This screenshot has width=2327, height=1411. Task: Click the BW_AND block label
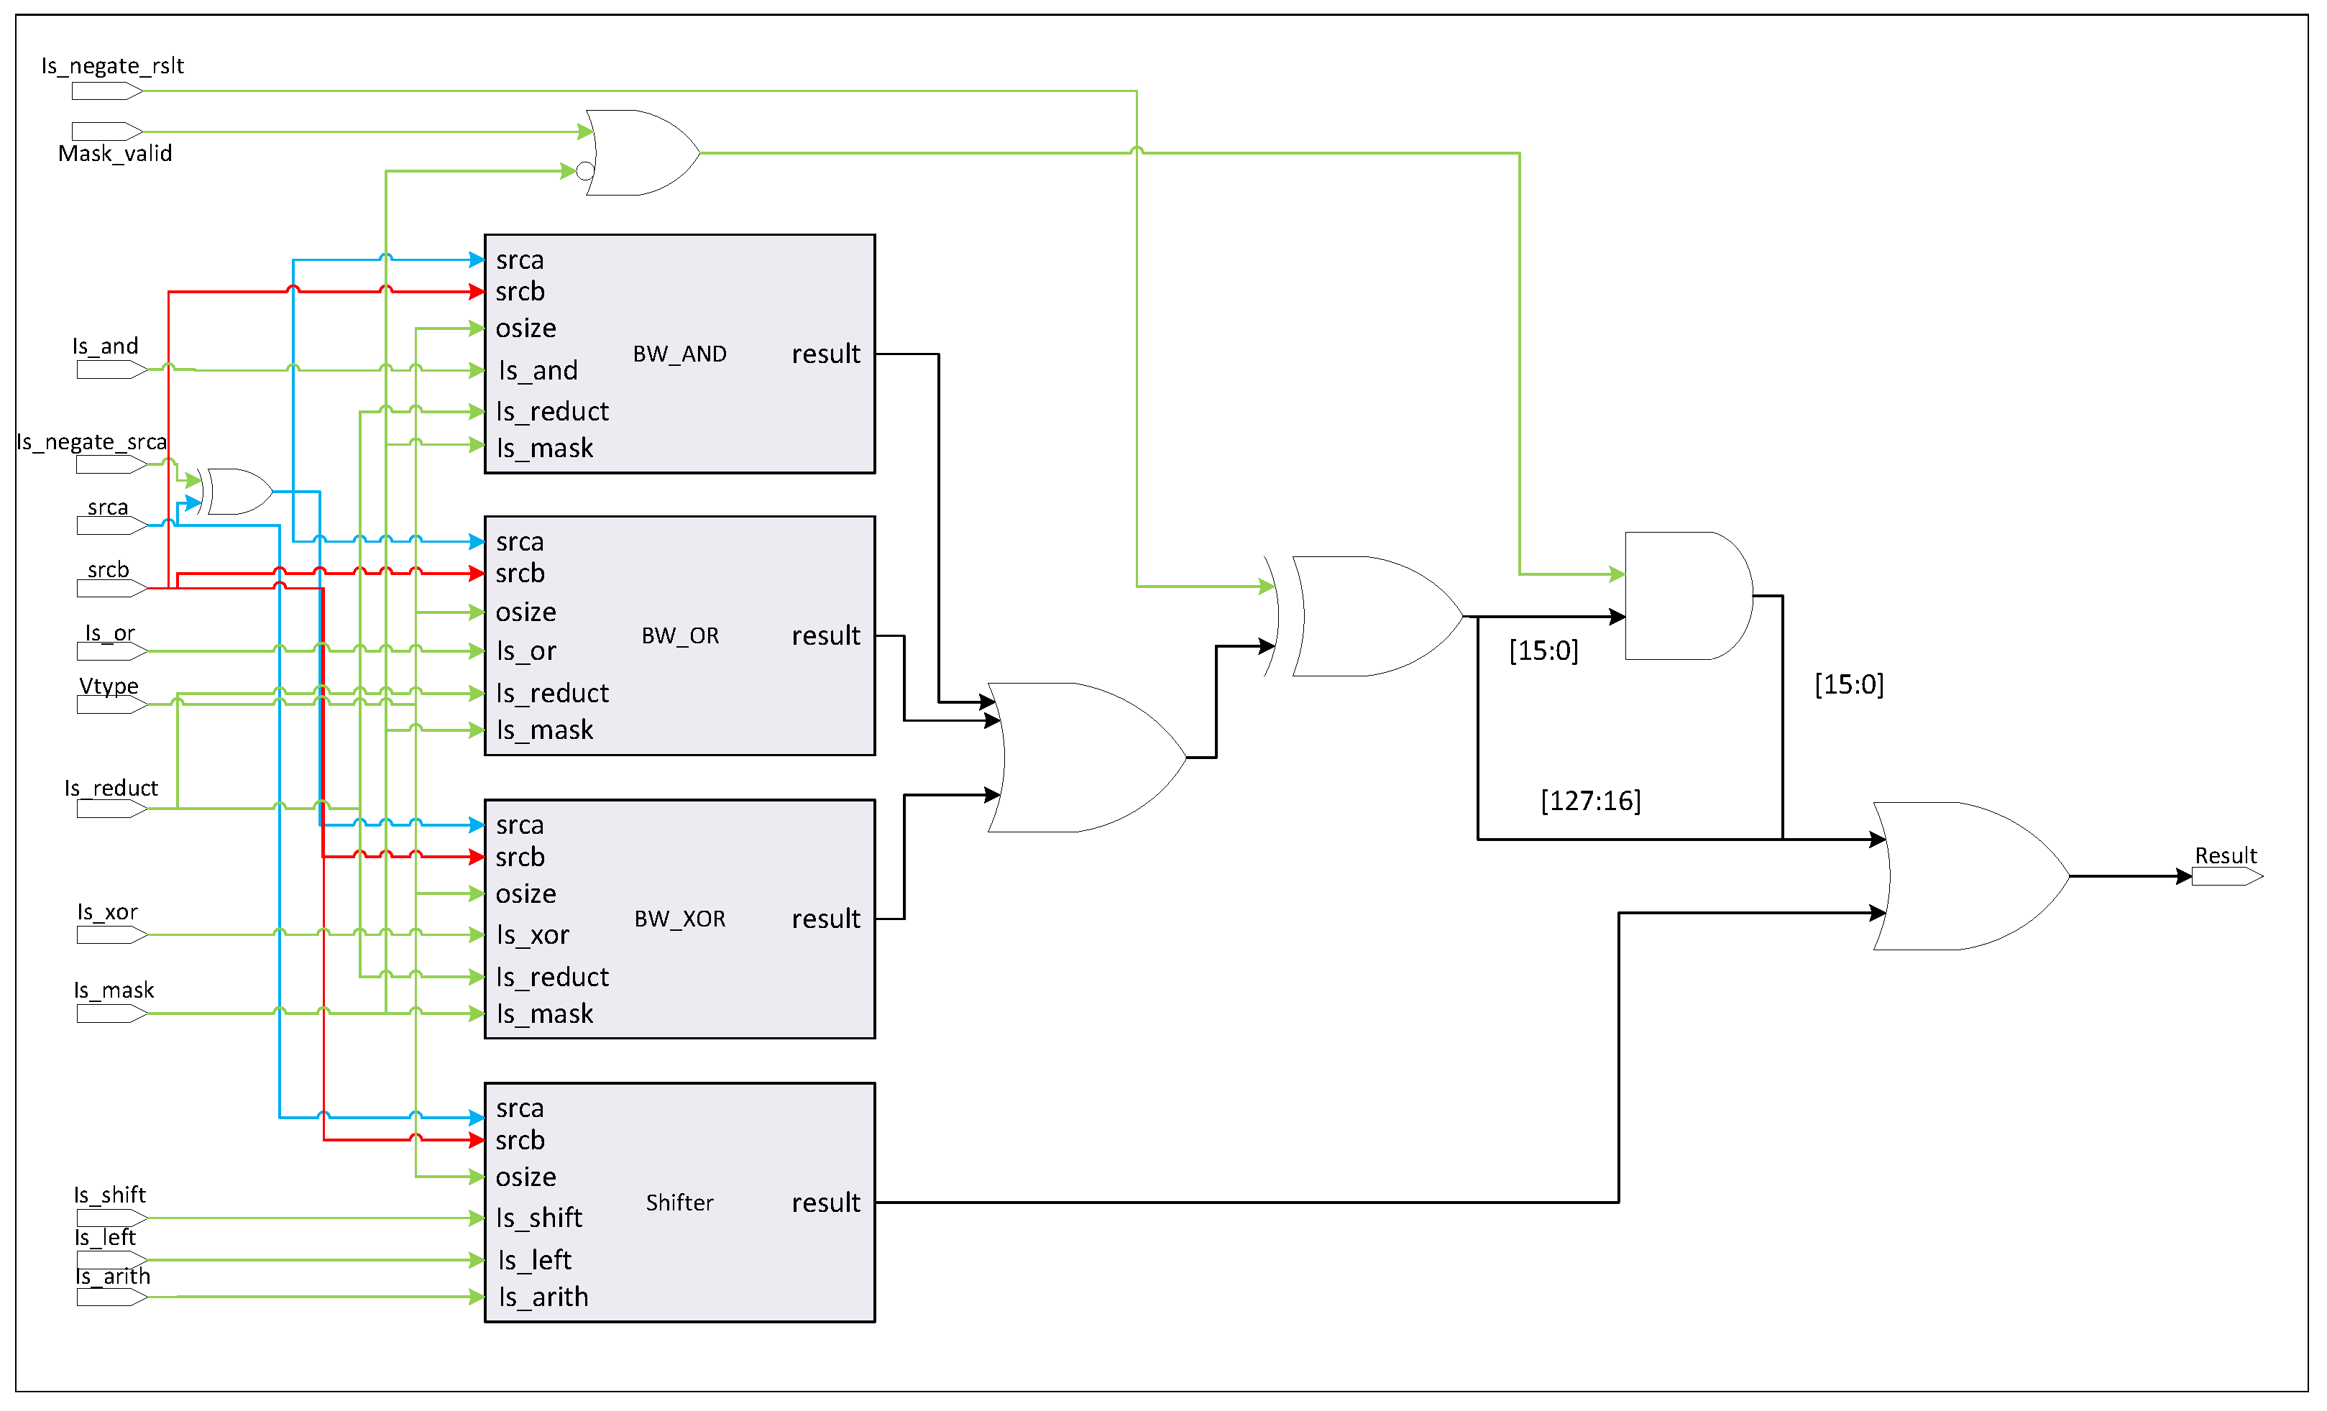coord(679,354)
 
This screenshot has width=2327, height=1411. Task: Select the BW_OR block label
coord(680,635)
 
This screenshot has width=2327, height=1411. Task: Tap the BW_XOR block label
coord(680,919)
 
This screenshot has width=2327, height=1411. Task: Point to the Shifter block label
coord(679,1203)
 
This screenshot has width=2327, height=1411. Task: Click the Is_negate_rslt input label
coord(112,66)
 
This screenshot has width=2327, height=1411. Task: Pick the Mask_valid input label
coord(115,154)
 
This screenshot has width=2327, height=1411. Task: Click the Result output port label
coord(2224,855)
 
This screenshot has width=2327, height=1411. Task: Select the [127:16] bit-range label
coord(1590,801)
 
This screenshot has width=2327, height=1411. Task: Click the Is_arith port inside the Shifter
coord(543,1297)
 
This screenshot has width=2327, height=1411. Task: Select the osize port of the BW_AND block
coord(526,328)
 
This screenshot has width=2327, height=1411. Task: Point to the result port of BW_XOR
coord(825,919)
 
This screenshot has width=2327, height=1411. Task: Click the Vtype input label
coord(109,686)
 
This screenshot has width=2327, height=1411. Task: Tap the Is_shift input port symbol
coord(111,1218)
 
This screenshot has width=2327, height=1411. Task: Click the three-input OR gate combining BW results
coord(1086,758)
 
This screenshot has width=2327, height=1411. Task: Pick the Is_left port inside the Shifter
coord(535,1260)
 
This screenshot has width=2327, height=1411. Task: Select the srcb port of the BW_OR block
coord(520,574)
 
